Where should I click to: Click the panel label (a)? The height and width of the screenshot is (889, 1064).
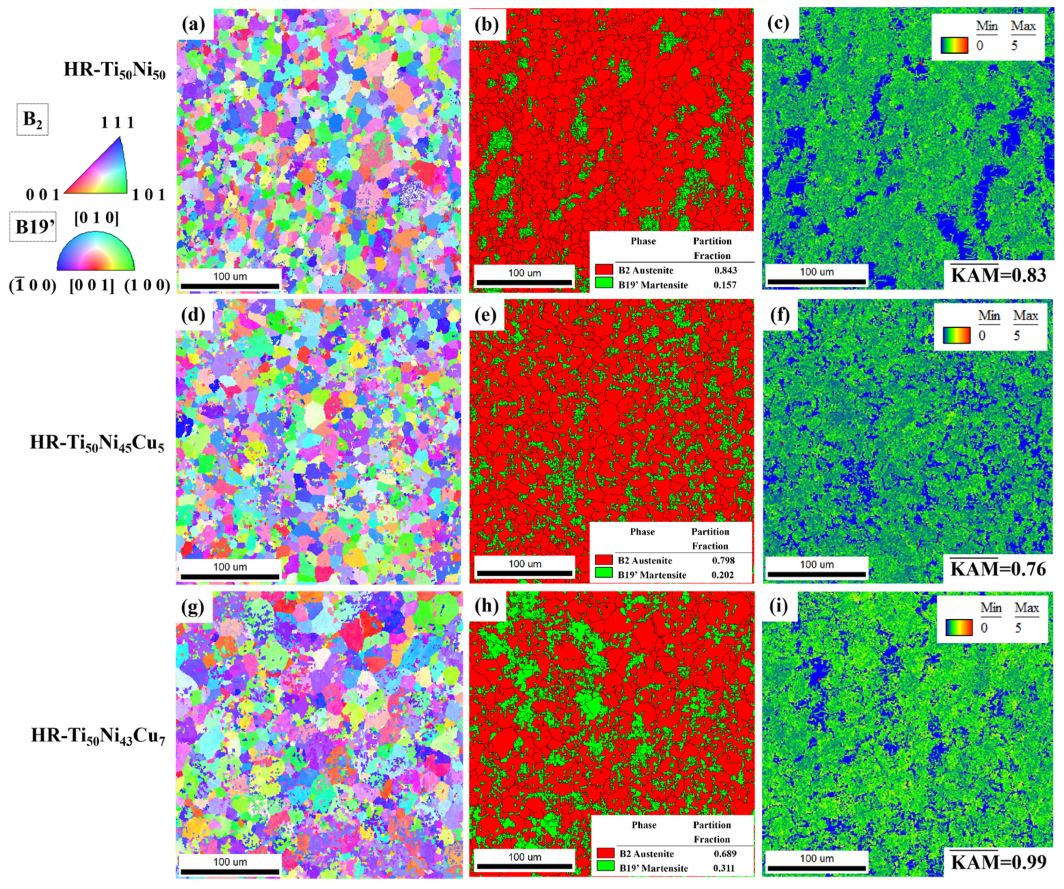click(193, 24)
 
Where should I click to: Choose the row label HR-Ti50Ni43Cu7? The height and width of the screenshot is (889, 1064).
click(98, 736)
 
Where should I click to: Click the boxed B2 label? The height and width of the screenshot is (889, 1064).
click(32, 119)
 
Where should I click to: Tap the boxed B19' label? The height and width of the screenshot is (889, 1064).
click(33, 227)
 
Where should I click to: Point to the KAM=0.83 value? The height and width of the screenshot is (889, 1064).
click(998, 275)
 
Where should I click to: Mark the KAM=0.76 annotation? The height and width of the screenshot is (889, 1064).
click(998, 568)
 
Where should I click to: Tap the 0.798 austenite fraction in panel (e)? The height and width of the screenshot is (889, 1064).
click(723, 560)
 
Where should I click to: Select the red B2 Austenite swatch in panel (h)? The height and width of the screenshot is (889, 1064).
click(606, 853)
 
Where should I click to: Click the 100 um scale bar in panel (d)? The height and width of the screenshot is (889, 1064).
click(230, 576)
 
